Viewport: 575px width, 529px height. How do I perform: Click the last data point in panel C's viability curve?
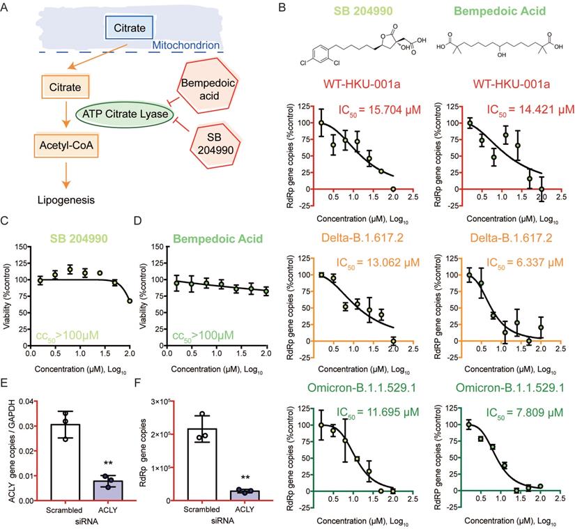click(x=130, y=301)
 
